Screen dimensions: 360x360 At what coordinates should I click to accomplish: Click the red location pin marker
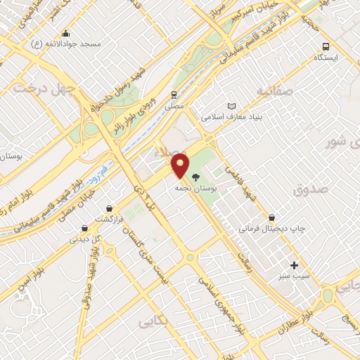[x=181, y=166]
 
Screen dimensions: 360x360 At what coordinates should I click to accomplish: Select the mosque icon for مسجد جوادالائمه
[x=66, y=33]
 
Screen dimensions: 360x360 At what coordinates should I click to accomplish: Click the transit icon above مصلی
[x=174, y=94]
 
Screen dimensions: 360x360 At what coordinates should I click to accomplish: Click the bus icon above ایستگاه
[x=324, y=45]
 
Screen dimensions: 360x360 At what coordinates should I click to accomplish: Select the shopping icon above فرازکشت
[x=110, y=207]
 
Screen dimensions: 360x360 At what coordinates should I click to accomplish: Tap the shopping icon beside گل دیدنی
[x=84, y=228]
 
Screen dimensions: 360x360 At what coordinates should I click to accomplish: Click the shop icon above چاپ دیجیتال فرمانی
[x=271, y=218]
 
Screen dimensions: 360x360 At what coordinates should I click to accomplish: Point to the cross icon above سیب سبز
[x=294, y=265]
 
